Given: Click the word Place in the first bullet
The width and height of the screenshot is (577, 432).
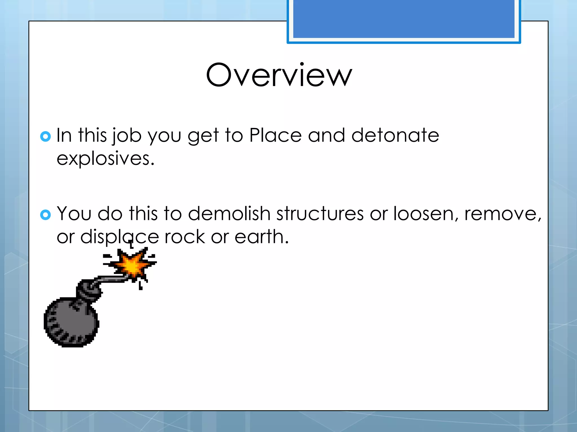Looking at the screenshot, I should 275,136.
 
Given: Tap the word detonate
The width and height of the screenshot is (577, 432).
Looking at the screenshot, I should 395,136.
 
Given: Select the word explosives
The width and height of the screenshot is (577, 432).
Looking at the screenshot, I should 105,159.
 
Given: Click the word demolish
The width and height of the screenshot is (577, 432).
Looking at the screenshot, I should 229,213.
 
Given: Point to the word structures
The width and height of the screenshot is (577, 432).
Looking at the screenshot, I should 320,213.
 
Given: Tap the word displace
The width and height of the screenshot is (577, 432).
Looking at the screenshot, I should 119,237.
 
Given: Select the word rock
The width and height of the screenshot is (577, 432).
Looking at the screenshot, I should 185,237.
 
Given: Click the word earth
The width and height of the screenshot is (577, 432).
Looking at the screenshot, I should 261,237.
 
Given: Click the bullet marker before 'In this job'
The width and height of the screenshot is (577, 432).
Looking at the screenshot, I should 45,136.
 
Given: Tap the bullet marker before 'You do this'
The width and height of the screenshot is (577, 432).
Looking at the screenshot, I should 45,215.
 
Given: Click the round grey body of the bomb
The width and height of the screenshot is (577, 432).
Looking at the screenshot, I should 70,323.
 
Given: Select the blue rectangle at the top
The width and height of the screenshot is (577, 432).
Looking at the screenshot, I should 403,19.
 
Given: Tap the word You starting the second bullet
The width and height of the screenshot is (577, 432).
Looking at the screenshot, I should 74,213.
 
